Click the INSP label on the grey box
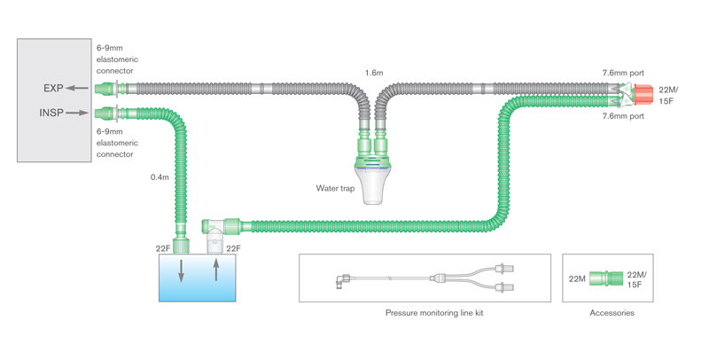point(51,113)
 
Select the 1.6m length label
point(373,72)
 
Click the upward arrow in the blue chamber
point(215,270)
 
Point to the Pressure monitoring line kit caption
point(434,313)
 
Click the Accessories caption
point(612,313)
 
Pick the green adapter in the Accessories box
point(605,279)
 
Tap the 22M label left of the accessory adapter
point(577,279)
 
